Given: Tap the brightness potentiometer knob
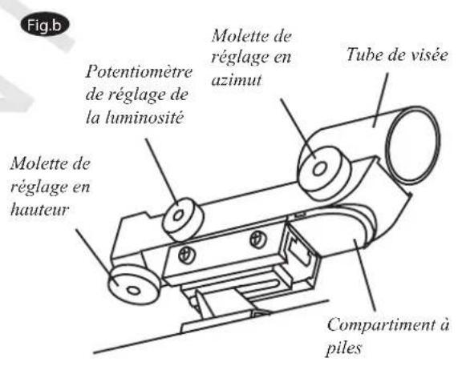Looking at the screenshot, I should pos(183,214).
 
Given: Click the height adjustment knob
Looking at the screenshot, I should pos(131,281).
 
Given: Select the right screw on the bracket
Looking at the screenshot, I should pos(256,239).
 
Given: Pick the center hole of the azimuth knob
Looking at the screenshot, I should pos(320,170).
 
